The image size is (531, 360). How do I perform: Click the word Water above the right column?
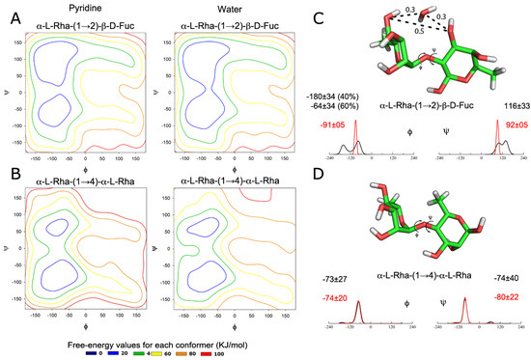[209, 8]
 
